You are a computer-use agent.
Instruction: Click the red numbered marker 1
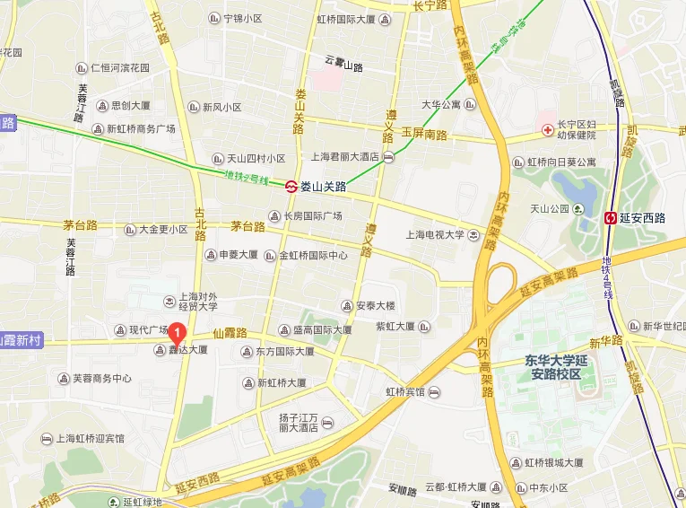[x=178, y=334]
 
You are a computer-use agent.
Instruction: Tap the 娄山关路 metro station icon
[x=291, y=187]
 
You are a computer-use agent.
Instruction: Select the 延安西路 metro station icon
[x=611, y=217]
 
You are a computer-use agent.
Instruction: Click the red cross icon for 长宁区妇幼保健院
[x=547, y=131]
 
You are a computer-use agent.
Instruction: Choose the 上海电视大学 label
[x=435, y=235]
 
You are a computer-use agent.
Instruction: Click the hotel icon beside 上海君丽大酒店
[x=387, y=157]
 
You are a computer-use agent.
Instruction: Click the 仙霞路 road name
[x=230, y=332]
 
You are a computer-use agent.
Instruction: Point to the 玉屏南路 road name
[x=423, y=132]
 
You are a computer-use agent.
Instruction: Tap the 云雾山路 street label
[x=343, y=64]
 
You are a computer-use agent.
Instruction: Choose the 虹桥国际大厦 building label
[x=349, y=19]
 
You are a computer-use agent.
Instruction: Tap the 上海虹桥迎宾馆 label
[x=90, y=439]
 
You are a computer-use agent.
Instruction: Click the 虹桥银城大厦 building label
[x=554, y=462]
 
